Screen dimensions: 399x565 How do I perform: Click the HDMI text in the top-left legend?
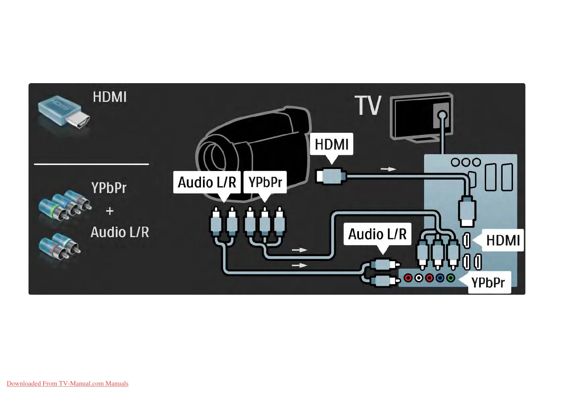[x=109, y=97]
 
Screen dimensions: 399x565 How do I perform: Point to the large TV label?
[x=368, y=105]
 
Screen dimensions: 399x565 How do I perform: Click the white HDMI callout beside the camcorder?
[x=331, y=144]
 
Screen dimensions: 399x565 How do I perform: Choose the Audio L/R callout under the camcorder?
[x=207, y=182]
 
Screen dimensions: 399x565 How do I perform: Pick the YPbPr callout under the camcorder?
[x=265, y=182]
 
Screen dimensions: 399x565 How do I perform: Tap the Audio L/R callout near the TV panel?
[x=377, y=234]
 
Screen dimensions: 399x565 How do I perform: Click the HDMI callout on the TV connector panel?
[x=503, y=240]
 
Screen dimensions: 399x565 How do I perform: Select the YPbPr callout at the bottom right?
[x=488, y=283]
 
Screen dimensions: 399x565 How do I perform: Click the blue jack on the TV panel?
[x=440, y=278]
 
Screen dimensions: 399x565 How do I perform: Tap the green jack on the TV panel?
[x=451, y=278]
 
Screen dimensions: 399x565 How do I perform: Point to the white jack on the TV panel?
[x=418, y=278]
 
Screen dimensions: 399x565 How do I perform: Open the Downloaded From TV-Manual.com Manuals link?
[x=67, y=384]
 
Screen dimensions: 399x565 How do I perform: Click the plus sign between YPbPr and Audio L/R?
[x=110, y=211]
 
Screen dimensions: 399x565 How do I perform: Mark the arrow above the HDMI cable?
[x=388, y=169]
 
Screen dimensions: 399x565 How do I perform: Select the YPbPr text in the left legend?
[x=109, y=188]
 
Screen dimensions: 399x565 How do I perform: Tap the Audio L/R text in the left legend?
[x=119, y=232]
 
